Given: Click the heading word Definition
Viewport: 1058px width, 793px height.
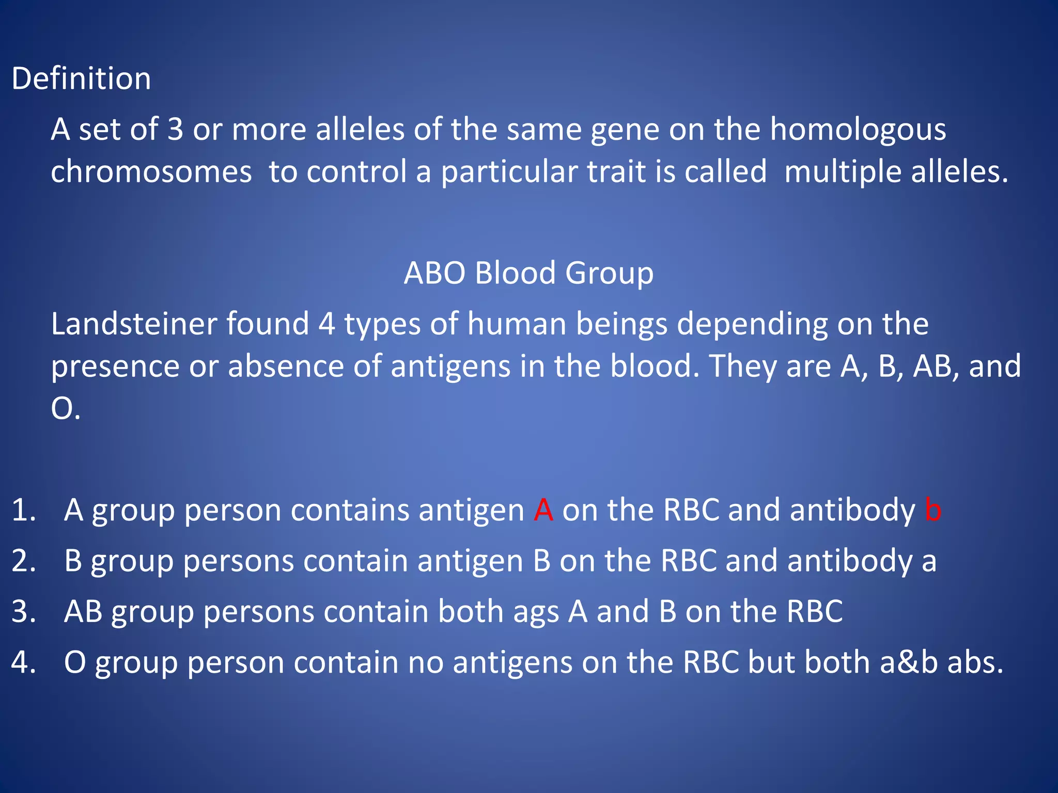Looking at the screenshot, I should click(81, 79).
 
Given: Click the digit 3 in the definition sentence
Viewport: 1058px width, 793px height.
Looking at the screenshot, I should click(176, 129).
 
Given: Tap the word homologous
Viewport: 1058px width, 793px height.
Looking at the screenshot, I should click(858, 129).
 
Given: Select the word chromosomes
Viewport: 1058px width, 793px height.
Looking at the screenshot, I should click(151, 171).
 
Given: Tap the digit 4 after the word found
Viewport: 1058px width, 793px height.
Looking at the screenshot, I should click(326, 324).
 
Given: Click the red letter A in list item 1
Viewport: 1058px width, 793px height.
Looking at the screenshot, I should click(543, 510).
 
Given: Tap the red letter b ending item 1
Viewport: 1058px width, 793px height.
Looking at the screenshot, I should click(933, 510).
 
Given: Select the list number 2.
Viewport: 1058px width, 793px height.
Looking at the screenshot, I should click(24, 561).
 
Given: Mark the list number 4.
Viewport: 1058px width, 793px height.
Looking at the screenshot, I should click(24, 662).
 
